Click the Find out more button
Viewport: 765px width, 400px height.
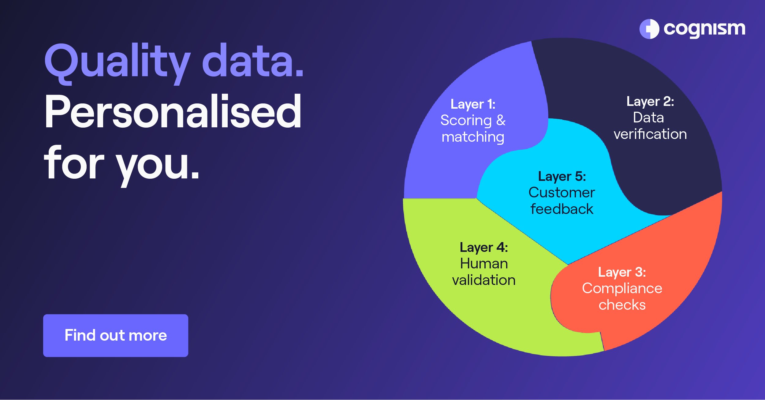115,335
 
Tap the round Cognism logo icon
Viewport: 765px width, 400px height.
649,29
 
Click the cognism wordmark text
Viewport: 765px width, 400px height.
704,29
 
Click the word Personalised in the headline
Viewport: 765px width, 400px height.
173,112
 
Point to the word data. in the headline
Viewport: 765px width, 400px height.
253,61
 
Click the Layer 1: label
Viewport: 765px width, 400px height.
473,105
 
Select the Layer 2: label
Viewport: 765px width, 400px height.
650,102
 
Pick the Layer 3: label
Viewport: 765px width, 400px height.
622,272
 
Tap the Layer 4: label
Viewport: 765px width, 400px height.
483,248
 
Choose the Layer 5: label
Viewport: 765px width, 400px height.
562,177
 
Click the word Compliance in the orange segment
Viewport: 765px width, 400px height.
622,289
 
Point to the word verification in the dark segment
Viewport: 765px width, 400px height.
650,134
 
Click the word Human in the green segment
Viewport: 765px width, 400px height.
484,264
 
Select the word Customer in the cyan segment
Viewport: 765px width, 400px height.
562,193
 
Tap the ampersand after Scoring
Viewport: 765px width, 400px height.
501,121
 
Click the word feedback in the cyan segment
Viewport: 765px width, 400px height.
562,209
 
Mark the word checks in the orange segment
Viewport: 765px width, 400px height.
622,305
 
